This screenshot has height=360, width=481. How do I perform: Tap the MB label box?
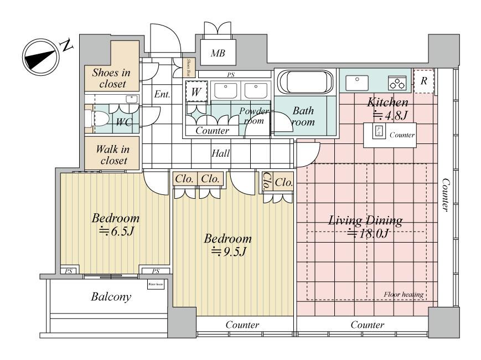(216, 53)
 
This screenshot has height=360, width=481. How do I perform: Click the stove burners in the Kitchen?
(397, 83)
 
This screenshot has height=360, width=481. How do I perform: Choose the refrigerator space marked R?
(423, 81)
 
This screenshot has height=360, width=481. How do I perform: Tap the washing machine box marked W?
(195, 92)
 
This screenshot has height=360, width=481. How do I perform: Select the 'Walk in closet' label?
(112, 155)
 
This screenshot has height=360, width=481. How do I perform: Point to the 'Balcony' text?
(111, 297)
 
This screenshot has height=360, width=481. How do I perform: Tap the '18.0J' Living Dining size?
(366, 233)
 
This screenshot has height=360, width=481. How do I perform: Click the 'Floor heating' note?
(403, 294)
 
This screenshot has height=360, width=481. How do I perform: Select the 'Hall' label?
(221, 154)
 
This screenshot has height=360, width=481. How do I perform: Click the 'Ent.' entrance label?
(162, 94)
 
